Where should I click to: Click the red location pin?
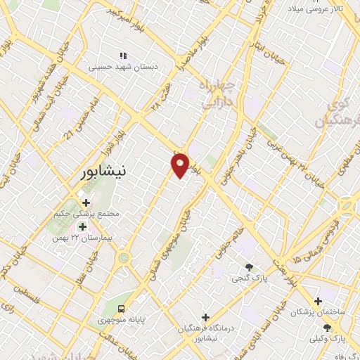[181, 165]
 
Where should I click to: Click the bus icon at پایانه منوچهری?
[122, 309]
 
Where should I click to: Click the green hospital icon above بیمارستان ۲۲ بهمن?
[82, 226]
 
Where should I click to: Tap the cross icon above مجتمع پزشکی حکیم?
[86, 202]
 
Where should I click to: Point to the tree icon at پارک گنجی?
[249, 266]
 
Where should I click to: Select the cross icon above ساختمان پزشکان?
[318, 300]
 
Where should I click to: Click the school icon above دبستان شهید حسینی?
[123, 56]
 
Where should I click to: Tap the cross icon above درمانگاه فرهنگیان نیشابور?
[205, 317]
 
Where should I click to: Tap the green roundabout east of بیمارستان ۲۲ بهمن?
[124, 257]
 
